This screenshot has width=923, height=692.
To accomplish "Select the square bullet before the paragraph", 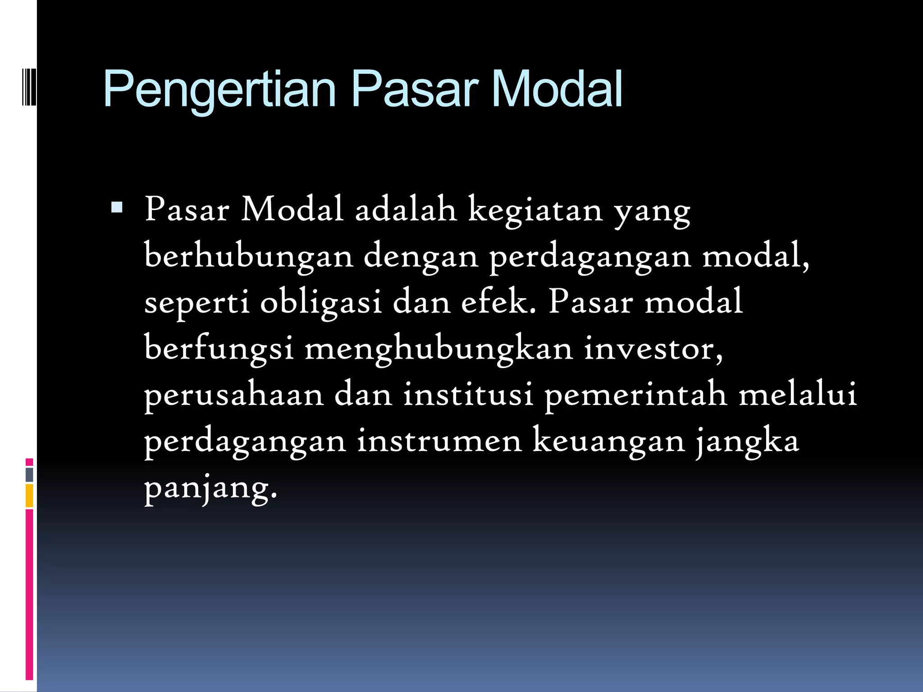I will point(117,207).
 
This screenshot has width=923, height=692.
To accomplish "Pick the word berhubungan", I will point(249,256).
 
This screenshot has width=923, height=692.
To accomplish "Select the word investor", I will point(653,348).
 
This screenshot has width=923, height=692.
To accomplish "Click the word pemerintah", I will point(635,395).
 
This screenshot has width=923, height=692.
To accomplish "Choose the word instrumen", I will point(439,441).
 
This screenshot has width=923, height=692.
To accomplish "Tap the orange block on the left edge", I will point(29,496).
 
